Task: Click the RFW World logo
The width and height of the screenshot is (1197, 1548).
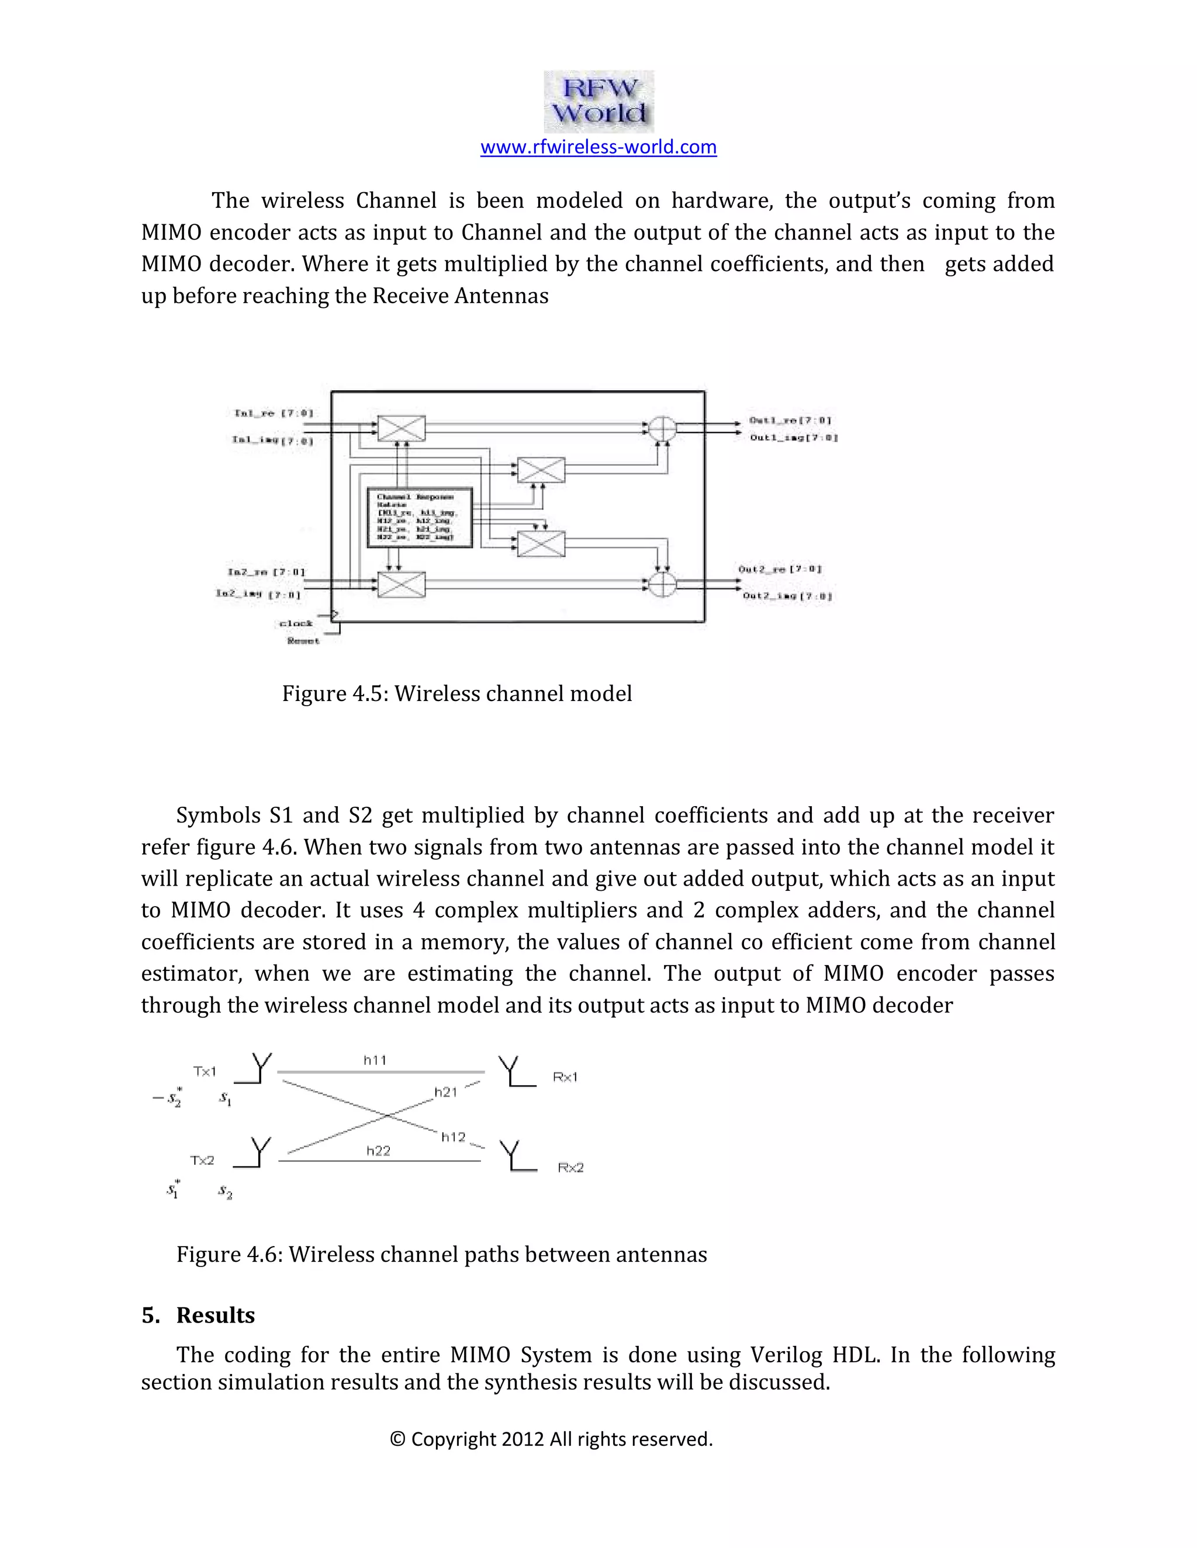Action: pyautogui.click(x=598, y=102)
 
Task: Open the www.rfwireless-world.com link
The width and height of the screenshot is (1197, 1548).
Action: pyautogui.click(x=598, y=147)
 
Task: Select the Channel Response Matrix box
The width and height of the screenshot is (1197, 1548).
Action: pyautogui.click(x=420, y=518)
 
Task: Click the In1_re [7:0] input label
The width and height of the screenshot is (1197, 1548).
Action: pyautogui.click(x=274, y=413)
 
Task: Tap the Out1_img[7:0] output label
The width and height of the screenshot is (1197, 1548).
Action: pyautogui.click(x=794, y=438)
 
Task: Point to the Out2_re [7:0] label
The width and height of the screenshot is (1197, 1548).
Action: pyautogui.click(x=780, y=569)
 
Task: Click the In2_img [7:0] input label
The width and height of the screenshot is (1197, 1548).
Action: pyautogui.click(x=258, y=594)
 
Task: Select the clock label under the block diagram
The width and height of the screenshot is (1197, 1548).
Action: pyautogui.click(x=296, y=624)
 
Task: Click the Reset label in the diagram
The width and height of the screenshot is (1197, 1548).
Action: pyautogui.click(x=303, y=641)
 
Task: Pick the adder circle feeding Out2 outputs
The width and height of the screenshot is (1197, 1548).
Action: pyautogui.click(x=662, y=584)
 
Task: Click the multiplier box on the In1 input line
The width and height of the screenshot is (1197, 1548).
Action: pyautogui.click(x=402, y=428)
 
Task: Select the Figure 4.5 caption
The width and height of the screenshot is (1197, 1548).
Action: pyautogui.click(x=456, y=693)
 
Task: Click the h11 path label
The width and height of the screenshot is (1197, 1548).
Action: pyautogui.click(x=375, y=1060)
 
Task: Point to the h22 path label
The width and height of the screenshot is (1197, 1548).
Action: pyautogui.click(x=378, y=1151)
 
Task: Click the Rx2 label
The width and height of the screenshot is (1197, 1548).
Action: pyautogui.click(x=570, y=1167)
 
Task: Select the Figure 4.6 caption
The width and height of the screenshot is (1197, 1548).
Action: pyautogui.click(x=441, y=1255)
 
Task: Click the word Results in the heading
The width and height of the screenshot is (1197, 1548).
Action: pyautogui.click(x=216, y=1316)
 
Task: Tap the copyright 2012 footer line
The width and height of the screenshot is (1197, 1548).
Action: pyautogui.click(x=552, y=1439)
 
